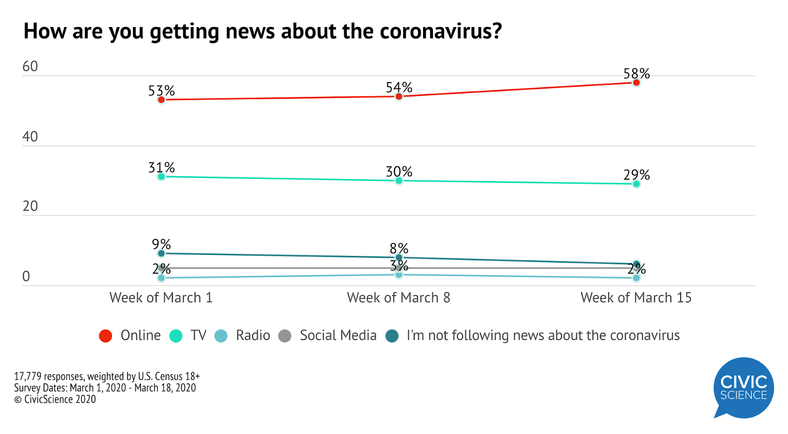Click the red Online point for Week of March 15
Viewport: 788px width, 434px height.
(636, 83)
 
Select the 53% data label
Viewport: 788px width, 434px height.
(162, 91)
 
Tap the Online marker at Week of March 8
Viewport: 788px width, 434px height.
(399, 96)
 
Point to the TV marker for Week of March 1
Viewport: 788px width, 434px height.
(161, 177)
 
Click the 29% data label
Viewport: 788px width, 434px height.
(636, 175)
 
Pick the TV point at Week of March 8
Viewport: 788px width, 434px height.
(399, 181)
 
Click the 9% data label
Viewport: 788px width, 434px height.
(161, 245)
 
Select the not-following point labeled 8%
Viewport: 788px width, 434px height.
(399, 258)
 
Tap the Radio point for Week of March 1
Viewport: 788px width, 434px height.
(161, 278)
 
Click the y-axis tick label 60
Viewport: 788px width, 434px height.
(30, 67)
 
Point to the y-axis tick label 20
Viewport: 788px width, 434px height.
(30, 206)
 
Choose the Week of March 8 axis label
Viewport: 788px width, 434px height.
(398, 298)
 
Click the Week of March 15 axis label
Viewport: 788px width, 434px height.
(636, 298)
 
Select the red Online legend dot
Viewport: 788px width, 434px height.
(105, 336)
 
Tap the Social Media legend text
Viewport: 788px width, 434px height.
(338, 336)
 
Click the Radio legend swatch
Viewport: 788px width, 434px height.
(221, 336)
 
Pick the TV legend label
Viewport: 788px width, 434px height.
(198, 336)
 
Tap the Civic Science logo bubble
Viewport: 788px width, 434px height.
(743, 388)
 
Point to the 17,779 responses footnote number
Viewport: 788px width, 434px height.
(28, 376)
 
